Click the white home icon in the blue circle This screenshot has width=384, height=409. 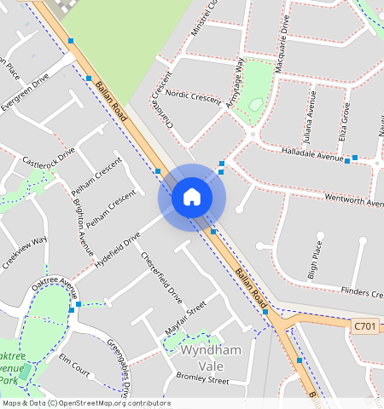coord(192,198)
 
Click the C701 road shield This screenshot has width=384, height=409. coord(365,325)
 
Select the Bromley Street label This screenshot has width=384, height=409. coord(202,380)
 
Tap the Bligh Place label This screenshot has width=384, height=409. coord(314,260)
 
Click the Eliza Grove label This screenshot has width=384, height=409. coord(346,121)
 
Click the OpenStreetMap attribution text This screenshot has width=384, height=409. coord(85,403)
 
